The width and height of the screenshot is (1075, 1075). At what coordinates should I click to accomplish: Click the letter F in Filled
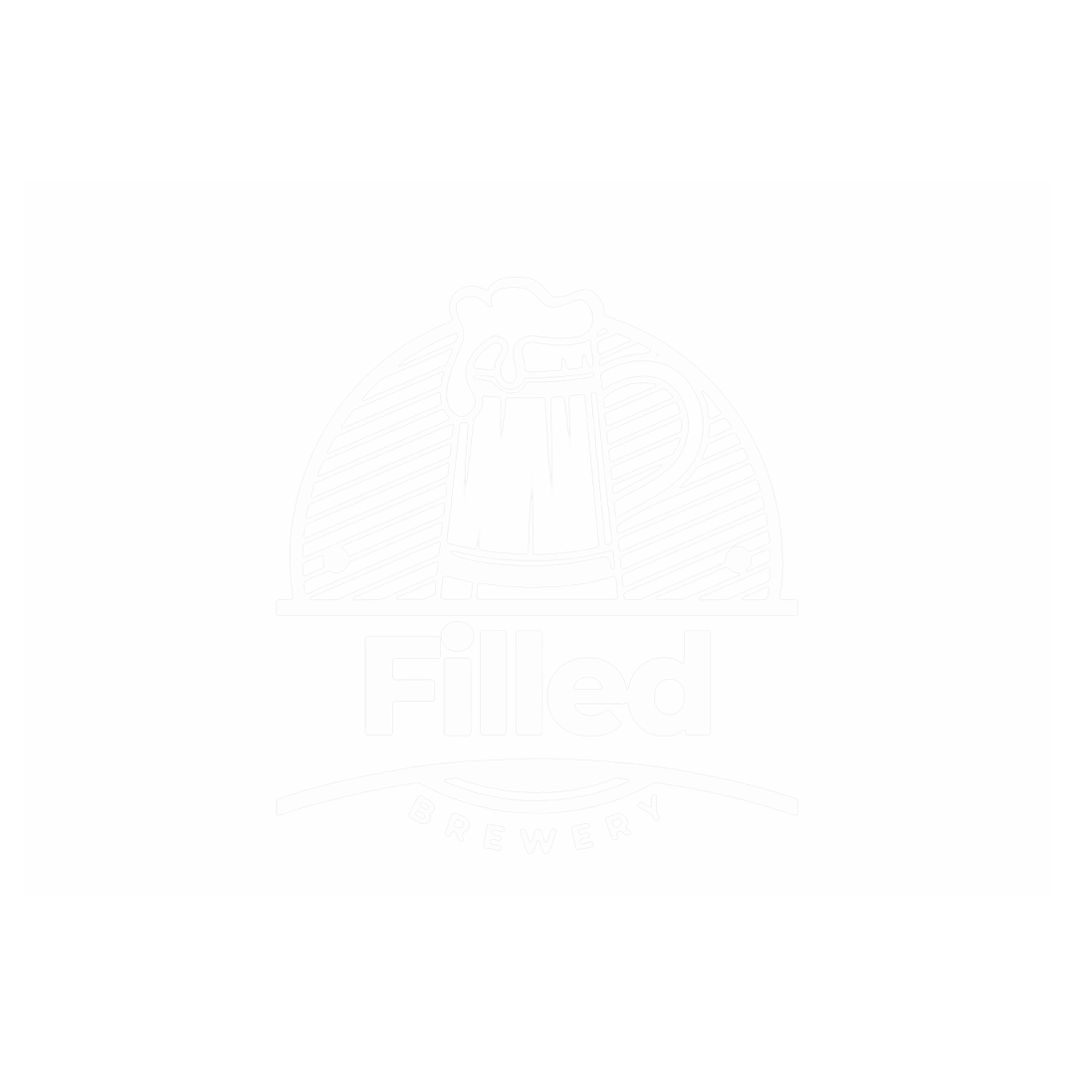[402, 686]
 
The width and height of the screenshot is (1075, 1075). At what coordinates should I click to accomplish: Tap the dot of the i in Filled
[457, 636]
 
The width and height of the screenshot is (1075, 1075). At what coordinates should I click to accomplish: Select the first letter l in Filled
[494, 683]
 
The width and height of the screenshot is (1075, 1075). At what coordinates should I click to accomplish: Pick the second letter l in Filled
[530, 683]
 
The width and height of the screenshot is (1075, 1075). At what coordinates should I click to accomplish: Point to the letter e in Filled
[587, 697]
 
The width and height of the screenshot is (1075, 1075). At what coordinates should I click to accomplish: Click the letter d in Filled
[669, 684]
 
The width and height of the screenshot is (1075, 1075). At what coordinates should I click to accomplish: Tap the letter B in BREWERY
[422, 809]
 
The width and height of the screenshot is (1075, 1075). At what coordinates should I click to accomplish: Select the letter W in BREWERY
[538, 840]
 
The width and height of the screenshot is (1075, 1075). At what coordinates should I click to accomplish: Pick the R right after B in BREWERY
[457, 827]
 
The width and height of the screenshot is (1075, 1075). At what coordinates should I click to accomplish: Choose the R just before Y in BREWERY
[618, 826]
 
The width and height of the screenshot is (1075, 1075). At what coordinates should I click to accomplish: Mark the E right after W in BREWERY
[581, 836]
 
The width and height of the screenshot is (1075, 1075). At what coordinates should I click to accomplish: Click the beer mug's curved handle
[651, 439]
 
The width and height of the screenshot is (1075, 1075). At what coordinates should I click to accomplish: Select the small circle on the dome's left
[336, 560]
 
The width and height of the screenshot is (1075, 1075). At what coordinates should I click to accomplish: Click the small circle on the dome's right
[738, 559]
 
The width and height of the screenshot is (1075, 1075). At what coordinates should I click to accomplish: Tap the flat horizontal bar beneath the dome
[537, 607]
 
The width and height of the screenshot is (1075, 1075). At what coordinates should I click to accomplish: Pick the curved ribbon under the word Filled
[537, 786]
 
